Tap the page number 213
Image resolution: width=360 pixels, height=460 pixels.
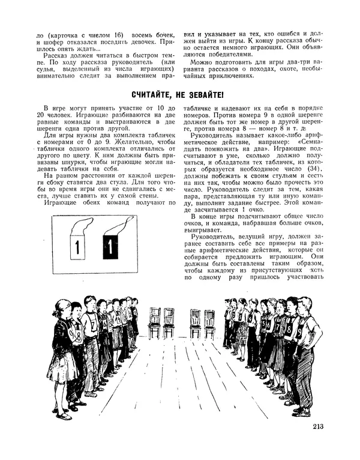[x=318, y=427]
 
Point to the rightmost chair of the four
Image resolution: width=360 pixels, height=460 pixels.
[x=209, y=322]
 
